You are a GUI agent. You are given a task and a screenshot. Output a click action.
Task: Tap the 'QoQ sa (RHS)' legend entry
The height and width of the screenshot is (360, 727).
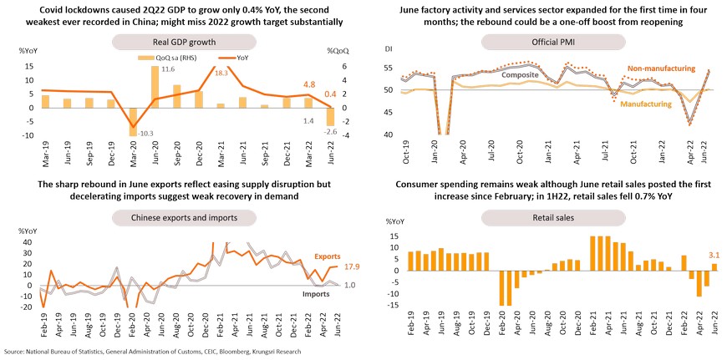point(170,58)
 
